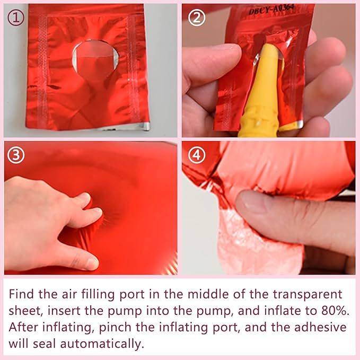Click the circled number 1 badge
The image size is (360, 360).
click(16, 18)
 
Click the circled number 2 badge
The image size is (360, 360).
click(197, 18)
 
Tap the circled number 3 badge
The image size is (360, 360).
click(16, 155)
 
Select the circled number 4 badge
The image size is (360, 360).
click(197, 155)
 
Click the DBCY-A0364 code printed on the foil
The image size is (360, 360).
click(271, 9)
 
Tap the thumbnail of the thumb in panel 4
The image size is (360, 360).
click(252, 203)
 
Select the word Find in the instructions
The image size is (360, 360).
click(21, 294)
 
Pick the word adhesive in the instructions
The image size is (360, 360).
click(320, 327)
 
